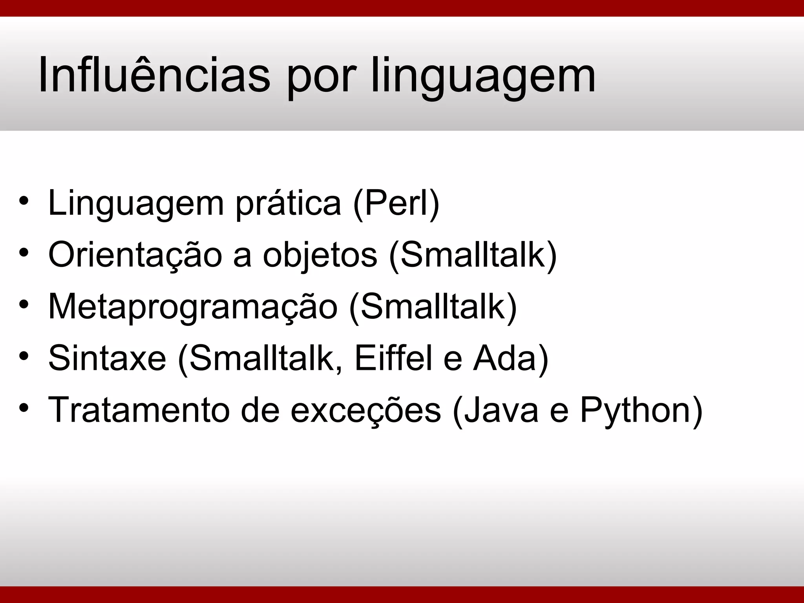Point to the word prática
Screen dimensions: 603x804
coord(288,204)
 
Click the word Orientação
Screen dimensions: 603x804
coord(135,255)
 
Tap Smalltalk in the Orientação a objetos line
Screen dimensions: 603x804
coord(473,255)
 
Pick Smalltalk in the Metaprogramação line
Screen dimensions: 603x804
coord(433,307)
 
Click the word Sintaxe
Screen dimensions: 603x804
coord(107,358)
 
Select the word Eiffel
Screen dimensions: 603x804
coord(393,358)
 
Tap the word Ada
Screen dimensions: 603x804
coord(505,358)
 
